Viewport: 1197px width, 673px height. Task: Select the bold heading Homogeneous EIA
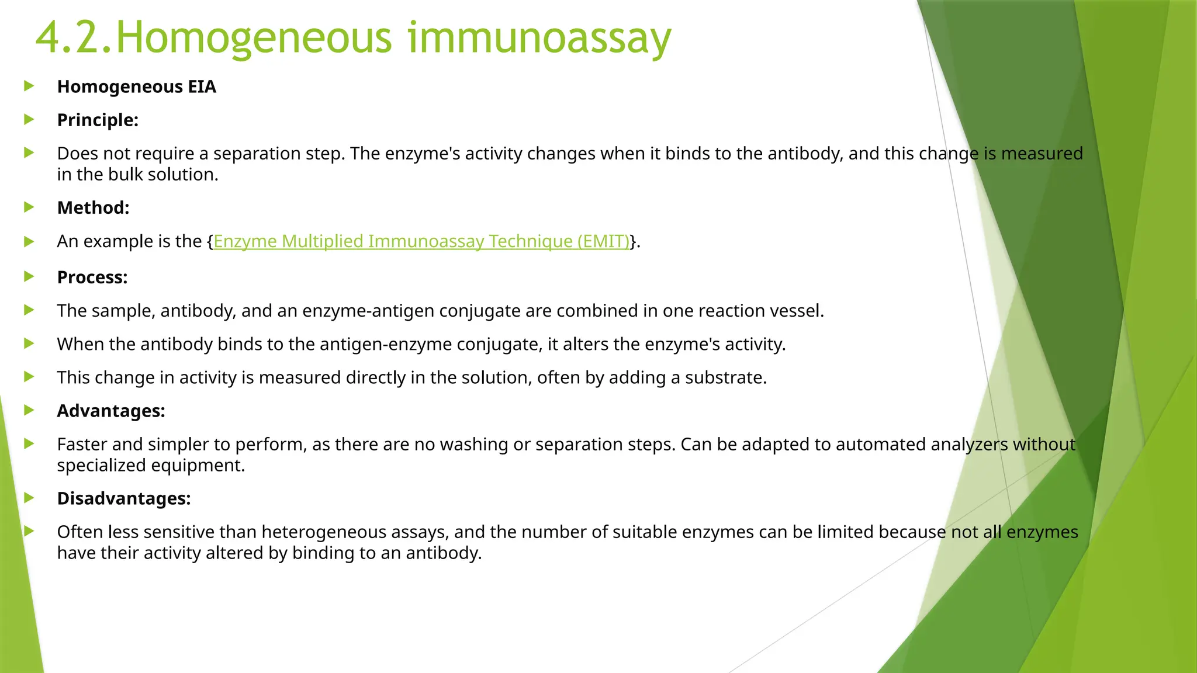136,87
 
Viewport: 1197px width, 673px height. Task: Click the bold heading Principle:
98,120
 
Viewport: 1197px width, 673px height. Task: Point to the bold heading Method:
93,208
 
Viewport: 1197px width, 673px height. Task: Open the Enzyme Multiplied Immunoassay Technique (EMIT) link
421,241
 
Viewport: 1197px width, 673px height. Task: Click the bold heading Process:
92,277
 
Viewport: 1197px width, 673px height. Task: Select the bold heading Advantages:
111,411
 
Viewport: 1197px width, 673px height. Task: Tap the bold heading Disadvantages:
124,499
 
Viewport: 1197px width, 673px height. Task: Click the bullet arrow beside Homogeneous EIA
29,86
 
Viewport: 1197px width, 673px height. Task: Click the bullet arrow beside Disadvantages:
29,498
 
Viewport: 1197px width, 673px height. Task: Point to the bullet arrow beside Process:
29,277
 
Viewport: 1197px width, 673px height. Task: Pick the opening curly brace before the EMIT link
210,242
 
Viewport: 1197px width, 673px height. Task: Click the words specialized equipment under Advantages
150,466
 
